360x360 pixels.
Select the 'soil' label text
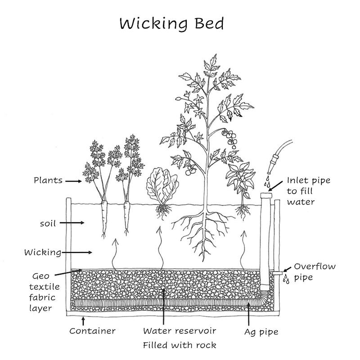click(48, 223)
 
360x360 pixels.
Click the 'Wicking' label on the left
click(43, 252)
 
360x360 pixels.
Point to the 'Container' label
click(93, 331)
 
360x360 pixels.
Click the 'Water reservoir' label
click(180, 331)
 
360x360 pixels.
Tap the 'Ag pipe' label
click(262, 332)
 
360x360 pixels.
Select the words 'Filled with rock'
click(180, 346)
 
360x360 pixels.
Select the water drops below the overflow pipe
click(286, 280)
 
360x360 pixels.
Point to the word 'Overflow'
click(315, 266)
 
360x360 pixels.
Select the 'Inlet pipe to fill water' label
click(309, 191)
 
